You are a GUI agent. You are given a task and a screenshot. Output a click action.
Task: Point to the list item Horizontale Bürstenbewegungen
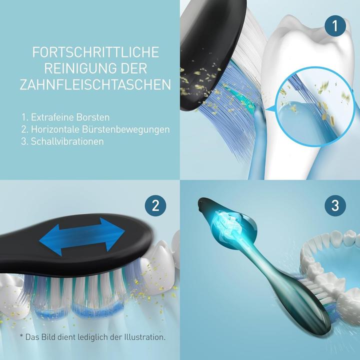pyautogui.click(x=95, y=129)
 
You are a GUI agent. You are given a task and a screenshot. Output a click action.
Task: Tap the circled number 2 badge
pyautogui.click(x=155, y=205)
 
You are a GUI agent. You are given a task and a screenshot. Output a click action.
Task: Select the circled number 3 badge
pyautogui.click(x=334, y=205)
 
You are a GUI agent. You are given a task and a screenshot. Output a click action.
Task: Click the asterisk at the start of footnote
pyautogui.click(x=21, y=336)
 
